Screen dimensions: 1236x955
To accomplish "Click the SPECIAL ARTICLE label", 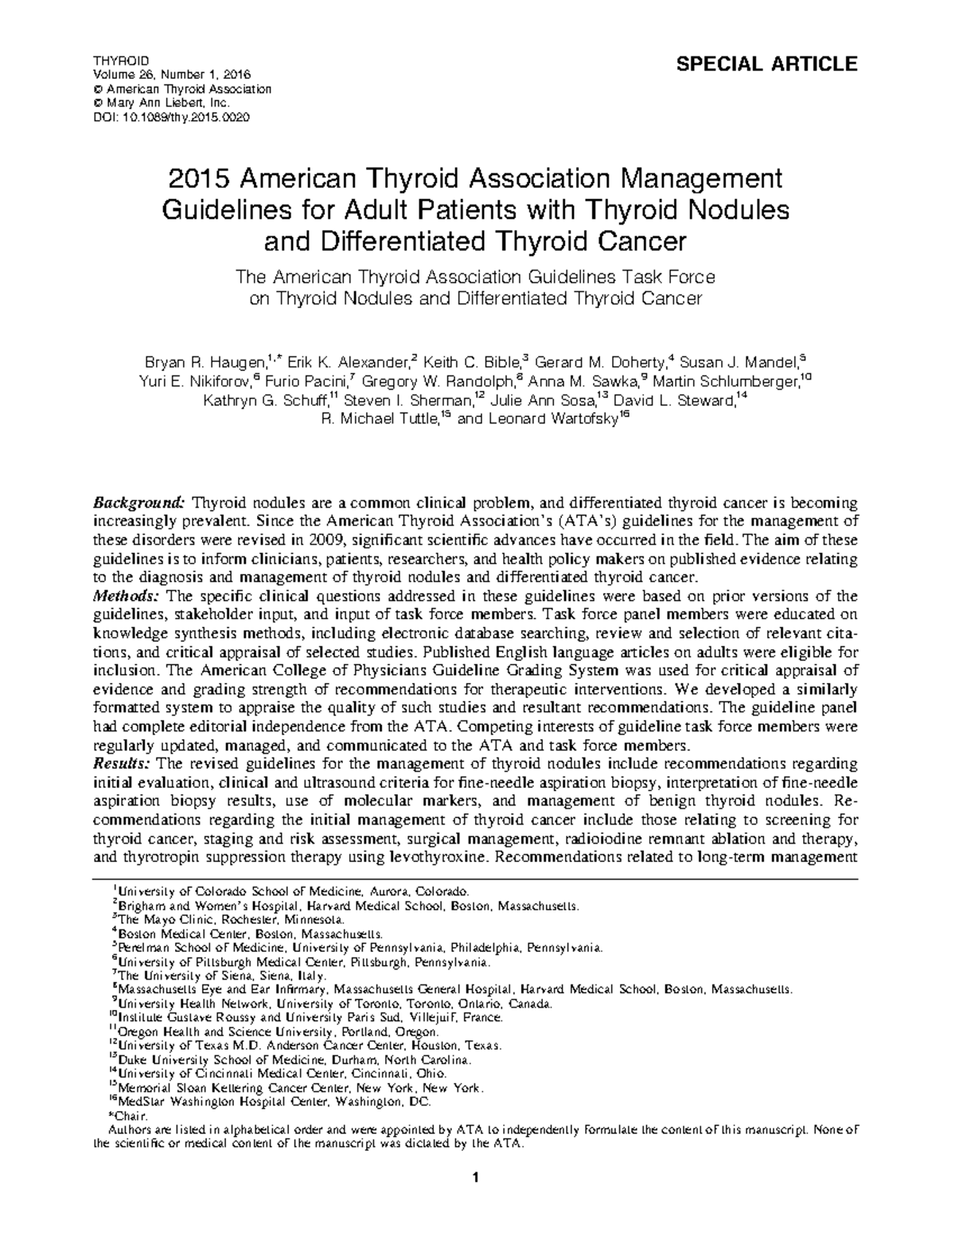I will (766, 64).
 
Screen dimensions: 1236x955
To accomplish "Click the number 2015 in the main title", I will (199, 177).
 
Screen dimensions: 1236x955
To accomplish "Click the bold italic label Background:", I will (139, 502).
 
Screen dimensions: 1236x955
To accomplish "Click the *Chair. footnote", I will (127, 1117).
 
